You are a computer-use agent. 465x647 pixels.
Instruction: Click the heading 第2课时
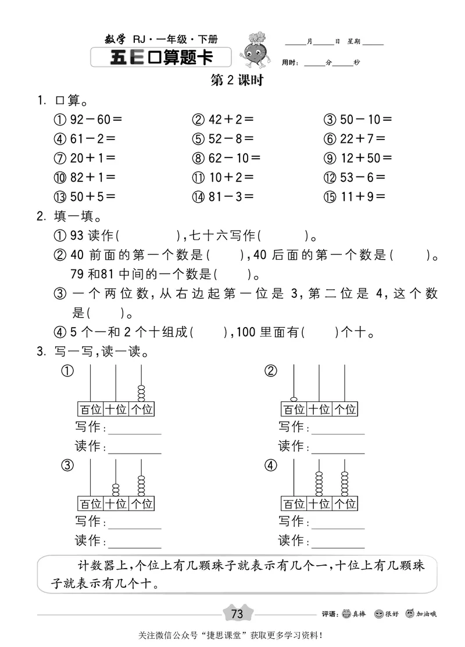click(x=237, y=81)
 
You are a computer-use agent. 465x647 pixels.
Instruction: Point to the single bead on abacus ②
click(x=294, y=399)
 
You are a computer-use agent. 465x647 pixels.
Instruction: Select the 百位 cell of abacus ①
click(x=90, y=409)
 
